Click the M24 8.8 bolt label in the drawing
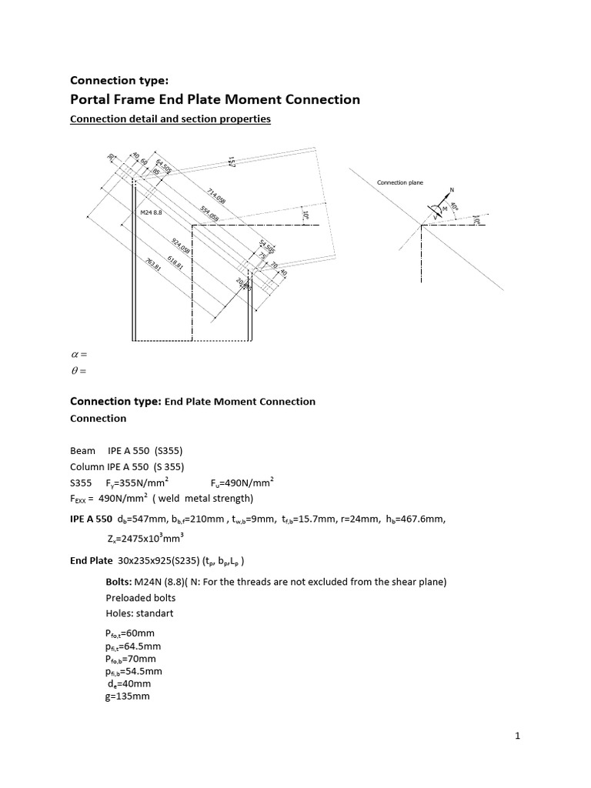[x=151, y=212]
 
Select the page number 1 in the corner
[x=518, y=736]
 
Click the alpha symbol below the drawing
[x=75, y=354]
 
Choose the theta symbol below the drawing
[x=75, y=371]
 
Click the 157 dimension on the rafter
[x=231, y=161]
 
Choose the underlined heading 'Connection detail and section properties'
[x=170, y=119]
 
